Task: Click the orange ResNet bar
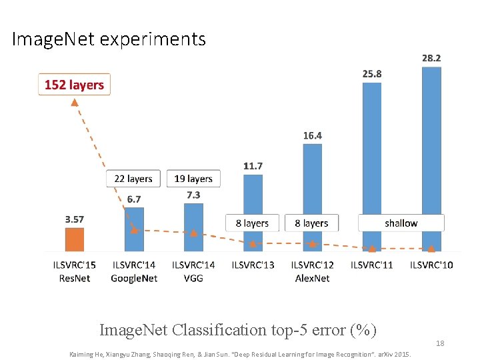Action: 74,239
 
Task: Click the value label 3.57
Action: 74,219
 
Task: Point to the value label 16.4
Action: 312,135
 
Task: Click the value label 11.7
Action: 253,165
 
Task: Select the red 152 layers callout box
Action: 74,85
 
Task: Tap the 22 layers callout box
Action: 133,179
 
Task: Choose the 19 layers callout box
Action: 193,179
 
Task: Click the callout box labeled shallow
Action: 401,223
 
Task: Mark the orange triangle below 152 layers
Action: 75,103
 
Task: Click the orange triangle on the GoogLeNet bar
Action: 134,229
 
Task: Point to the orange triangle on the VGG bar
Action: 193,233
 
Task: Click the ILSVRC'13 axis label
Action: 253,265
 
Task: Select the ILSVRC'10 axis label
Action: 431,265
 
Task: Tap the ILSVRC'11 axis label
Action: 372,265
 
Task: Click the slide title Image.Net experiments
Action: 109,39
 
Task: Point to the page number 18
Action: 439,343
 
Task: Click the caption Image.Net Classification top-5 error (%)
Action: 238,329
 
